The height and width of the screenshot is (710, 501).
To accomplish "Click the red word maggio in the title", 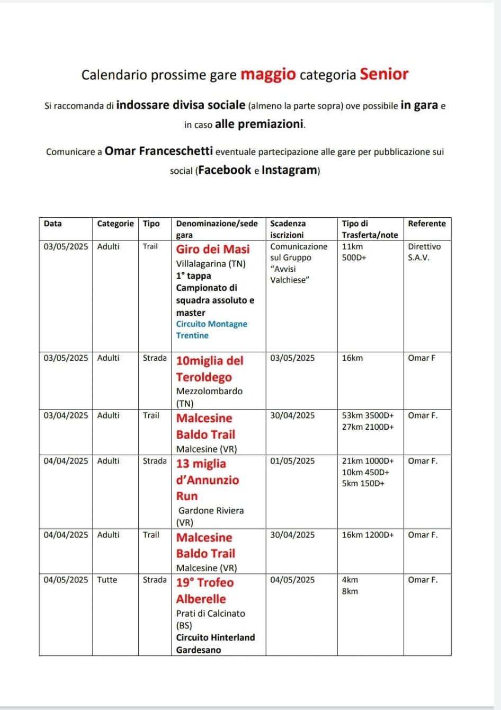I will [268, 75].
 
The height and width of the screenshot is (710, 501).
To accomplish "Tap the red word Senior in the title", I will [384, 74].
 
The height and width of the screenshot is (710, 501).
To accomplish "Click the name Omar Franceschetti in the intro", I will [158, 151].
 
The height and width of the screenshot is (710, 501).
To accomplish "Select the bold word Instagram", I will [290, 170].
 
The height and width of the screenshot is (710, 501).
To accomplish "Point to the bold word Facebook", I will [225, 170].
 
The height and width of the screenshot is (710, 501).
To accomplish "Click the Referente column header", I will [426, 224].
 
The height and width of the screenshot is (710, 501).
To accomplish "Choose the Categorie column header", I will [115, 224].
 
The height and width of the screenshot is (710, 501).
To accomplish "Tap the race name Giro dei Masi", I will [212, 250].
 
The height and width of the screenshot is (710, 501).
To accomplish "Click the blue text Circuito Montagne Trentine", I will [211, 330].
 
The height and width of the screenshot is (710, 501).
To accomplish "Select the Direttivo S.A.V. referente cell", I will [424, 252].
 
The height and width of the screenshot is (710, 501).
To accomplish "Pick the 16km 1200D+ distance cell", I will [368, 535].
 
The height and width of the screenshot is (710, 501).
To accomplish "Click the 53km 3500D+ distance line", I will [368, 416].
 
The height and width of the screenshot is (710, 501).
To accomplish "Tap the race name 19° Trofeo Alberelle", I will [204, 591].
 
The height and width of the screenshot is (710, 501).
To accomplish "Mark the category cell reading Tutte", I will [107, 580].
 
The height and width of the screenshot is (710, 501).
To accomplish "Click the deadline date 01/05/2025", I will [292, 461].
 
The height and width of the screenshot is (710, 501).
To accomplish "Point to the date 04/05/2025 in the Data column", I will [66, 580].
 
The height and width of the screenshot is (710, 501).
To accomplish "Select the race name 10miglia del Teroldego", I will [209, 369].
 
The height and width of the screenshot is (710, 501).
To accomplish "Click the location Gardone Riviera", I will [211, 511].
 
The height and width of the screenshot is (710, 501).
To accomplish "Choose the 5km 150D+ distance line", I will [363, 484].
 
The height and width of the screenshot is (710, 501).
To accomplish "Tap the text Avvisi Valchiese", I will [288, 274].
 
